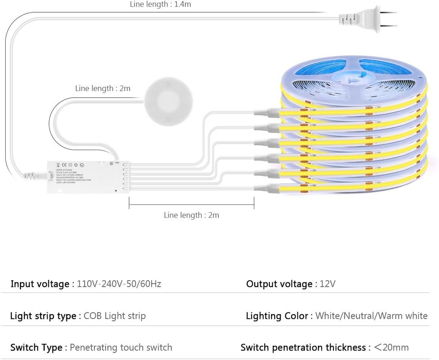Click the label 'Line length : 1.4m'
click(x=160, y=4)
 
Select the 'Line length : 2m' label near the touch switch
click(x=103, y=88)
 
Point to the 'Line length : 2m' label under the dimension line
click(x=191, y=215)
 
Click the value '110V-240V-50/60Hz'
click(x=119, y=284)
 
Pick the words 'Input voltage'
click(x=39, y=284)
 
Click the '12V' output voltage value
click(x=328, y=284)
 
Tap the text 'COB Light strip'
click(x=115, y=316)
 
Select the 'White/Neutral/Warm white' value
click(x=372, y=316)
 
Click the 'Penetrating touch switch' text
click(x=121, y=347)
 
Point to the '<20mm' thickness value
click(x=391, y=347)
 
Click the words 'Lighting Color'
click(x=277, y=316)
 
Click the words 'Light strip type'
click(x=43, y=316)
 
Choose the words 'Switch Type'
click(x=36, y=347)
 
